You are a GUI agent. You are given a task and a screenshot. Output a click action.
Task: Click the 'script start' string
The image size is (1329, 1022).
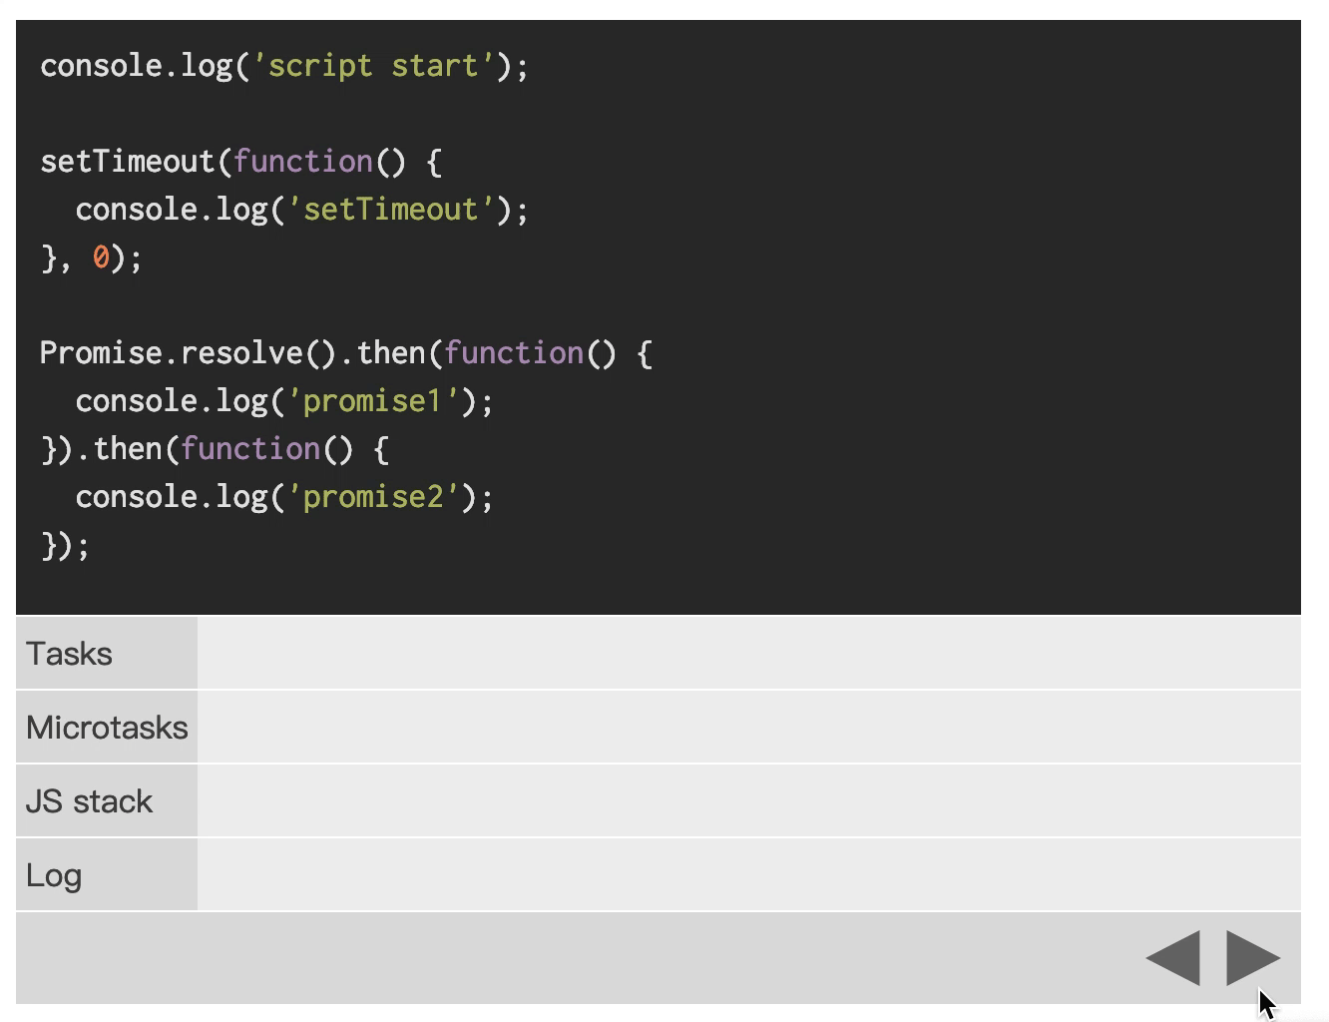(x=373, y=66)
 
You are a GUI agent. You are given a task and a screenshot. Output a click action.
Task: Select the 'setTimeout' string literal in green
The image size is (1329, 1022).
(x=390, y=210)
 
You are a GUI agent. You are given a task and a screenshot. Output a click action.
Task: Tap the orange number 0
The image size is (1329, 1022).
(x=101, y=256)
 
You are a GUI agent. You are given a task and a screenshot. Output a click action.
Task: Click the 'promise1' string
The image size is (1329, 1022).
(x=372, y=401)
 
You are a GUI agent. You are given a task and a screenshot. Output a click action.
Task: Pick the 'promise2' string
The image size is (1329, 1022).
(x=372, y=497)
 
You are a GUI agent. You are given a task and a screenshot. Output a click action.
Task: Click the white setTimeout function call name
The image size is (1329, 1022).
(x=127, y=162)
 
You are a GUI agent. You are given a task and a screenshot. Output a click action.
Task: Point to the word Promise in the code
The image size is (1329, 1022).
(x=101, y=353)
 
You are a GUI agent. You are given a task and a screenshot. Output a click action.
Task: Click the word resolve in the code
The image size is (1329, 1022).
(x=241, y=353)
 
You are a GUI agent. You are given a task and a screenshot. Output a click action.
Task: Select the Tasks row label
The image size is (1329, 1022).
(x=69, y=653)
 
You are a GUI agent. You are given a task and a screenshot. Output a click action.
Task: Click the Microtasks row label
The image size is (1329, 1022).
(x=107, y=728)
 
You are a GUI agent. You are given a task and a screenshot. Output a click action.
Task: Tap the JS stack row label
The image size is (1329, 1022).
(x=89, y=801)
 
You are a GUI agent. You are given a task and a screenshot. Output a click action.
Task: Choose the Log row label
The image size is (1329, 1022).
(x=54, y=876)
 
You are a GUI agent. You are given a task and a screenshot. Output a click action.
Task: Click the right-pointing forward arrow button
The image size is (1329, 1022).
(x=1252, y=958)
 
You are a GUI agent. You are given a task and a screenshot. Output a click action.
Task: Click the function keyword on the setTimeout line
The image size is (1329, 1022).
(x=302, y=162)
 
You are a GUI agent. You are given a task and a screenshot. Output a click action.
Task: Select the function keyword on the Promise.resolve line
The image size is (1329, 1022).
(x=514, y=353)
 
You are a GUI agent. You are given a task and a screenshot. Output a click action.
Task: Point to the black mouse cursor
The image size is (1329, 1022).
(x=1267, y=1003)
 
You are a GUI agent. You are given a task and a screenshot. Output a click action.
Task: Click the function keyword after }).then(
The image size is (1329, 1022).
(x=250, y=449)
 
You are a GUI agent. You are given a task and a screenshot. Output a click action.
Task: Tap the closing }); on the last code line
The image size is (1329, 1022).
(x=66, y=545)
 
